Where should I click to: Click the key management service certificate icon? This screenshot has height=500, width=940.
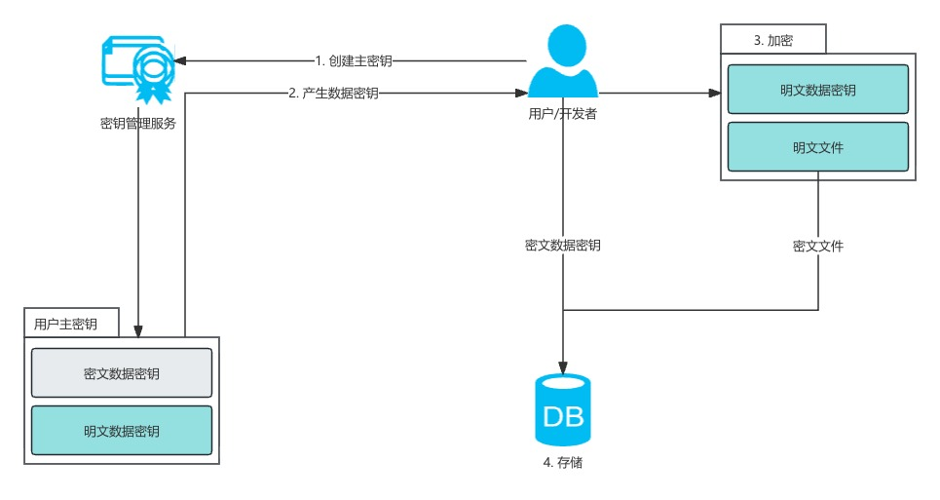(137, 66)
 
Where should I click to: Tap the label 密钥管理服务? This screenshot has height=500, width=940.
(138, 124)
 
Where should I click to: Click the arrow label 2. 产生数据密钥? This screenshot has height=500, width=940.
(333, 94)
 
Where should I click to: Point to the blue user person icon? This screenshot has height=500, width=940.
(563, 60)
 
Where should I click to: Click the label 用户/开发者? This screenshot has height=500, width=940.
(563, 114)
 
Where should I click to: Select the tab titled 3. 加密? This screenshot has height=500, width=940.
(774, 40)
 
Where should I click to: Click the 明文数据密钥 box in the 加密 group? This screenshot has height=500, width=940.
(817, 90)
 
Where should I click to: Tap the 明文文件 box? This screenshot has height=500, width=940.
(817, 147)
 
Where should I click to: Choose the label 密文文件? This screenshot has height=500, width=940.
(817, 247)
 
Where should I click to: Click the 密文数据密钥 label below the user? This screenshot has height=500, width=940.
(563, 247)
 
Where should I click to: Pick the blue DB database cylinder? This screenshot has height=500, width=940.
(563, 409)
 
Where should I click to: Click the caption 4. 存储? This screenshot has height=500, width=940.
(563, 462)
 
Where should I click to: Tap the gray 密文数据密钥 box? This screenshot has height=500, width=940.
(122, 373)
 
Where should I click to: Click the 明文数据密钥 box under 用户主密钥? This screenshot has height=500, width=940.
(122, 430)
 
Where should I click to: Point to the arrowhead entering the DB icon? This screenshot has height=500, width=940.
(563, 366)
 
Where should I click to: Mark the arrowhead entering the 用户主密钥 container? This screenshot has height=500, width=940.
(138, 330)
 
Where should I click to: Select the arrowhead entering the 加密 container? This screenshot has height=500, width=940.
(714, 94)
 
